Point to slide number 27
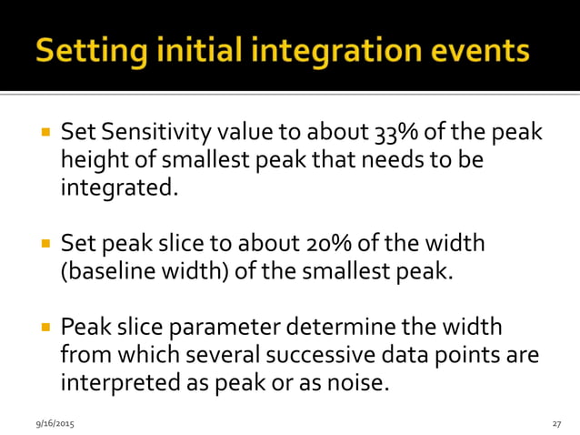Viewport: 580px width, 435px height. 555,424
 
